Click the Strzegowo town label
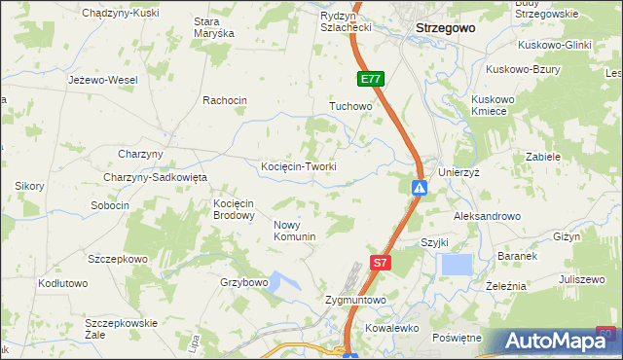[445, 28]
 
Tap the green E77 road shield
[370, 80]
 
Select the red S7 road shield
[382, 262]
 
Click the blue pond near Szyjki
[457, 265]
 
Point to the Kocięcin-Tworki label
[299, 166]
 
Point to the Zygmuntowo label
[355, 301]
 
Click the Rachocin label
[225, 100]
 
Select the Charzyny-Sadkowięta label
[156, 177]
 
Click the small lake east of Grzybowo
[283, 283]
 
